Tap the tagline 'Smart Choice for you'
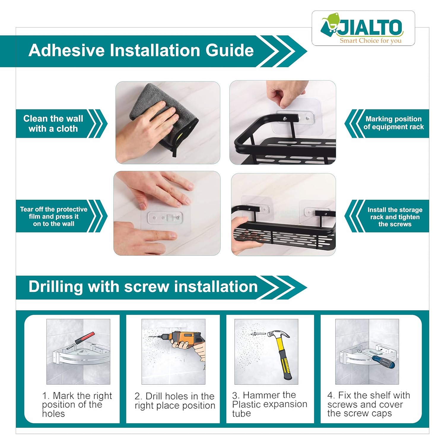pyautogui.click(x=371, y=41)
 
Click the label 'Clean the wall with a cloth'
pyautogui.click(x=53, y=123)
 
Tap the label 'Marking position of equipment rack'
pyautogui.click(x=394, y=123)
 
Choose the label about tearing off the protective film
pyautogui.click(x=54, y=217)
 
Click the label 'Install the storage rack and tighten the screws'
pyautogui.click(x=395, y=217)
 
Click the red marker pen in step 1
pyautogui.click(x=80, y=340)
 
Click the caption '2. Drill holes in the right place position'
pyautogui.click(x=175, y=401)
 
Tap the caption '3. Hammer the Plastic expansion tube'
pyautogui.click(x=270, y=404)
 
